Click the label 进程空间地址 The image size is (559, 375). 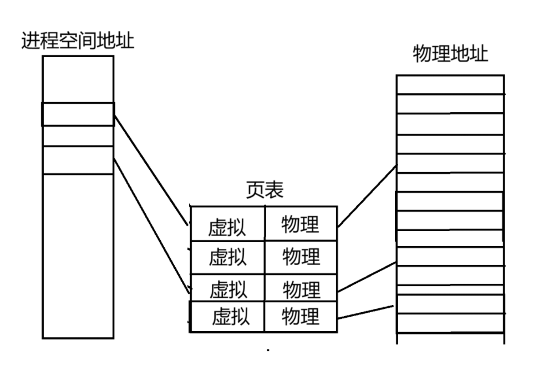point(78,41)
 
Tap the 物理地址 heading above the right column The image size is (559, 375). point(450,54)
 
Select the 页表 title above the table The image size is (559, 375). point(265,190)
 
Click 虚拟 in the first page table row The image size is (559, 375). point(227,227)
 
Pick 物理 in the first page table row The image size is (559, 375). point(300,224)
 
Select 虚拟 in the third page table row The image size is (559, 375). point(228,289)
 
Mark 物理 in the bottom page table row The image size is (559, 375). point(301,317)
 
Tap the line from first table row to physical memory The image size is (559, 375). point(367,196)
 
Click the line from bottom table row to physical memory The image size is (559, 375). point(366,312)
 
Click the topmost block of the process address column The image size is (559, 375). point(78,79)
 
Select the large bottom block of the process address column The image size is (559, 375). point(78,256)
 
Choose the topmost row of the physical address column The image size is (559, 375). point(450,85)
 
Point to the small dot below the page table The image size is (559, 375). point(268,351)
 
